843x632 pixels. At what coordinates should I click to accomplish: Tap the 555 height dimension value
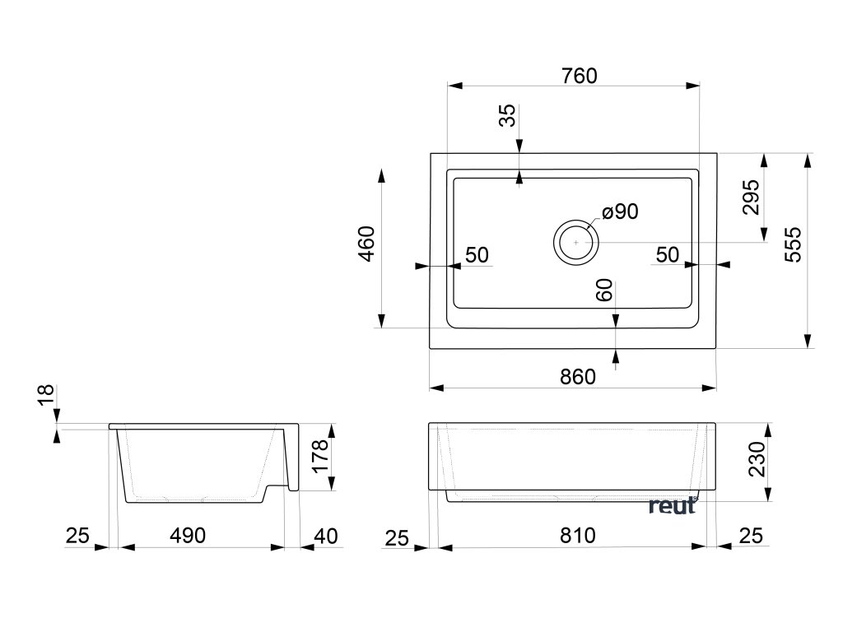pyautogui.click(x=793, y=244)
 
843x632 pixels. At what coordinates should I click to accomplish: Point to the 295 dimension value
pyautogui.click(x=752, y=197)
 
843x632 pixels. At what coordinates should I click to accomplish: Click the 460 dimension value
pyautogui.click(x=367, y=243)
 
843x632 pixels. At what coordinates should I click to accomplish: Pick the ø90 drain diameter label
pyautogui.click(x=620, y=212)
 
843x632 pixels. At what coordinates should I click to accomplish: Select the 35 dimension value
pyautogui.click(x=509, y=116)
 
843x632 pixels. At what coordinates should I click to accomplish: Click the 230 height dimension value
pyautogui.click(x=757, y=459)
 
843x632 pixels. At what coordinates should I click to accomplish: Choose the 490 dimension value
pyautogui.click(x=188, y=536)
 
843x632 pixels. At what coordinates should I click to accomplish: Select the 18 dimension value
pyautogui.click(x=46, y=396)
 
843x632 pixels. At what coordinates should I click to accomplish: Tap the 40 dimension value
pyautogui.click(x=326, y=536)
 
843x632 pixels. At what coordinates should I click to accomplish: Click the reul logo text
pyautogui.click(x=672, y=505)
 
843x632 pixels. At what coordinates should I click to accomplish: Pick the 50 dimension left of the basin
pyautogui.click(x=477, y=255)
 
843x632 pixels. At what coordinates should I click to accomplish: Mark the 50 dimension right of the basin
pyautogui.click(x=668, y=255)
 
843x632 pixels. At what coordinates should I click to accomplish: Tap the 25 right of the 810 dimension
pyautogui.click(x=751, y=536)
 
